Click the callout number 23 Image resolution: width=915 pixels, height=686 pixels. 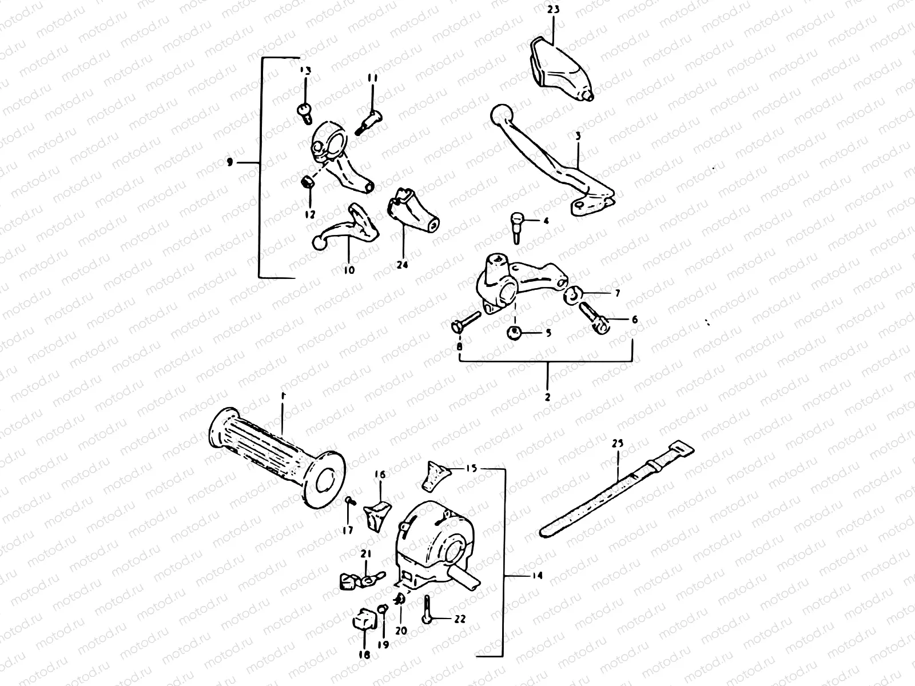click(x=553, y=9)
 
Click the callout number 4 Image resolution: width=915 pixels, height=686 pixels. click(x=546, y=220)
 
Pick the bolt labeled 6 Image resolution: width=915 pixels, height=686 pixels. click(x=596, y=317)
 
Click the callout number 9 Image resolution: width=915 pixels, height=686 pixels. click(x=230, y=163)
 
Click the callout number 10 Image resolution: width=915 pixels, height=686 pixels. click(x=349, y=269)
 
